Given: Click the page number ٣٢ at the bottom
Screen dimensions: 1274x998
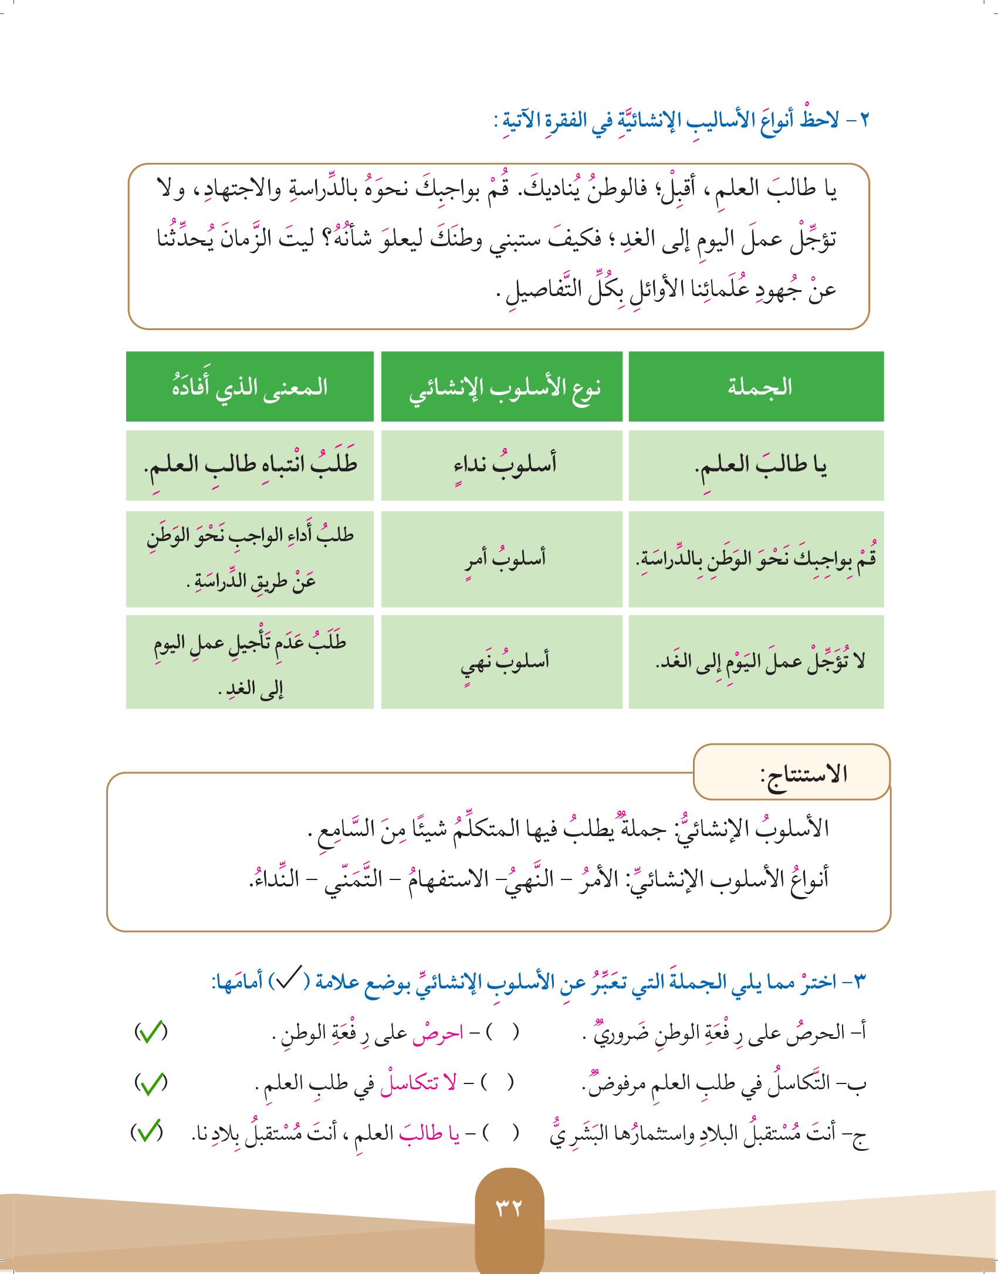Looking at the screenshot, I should point(509,1208).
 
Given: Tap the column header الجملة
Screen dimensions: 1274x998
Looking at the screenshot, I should point(760,387).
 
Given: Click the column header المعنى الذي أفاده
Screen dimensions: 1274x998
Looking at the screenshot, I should point(250,387).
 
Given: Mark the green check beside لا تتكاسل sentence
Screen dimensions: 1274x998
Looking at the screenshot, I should point(151,1083).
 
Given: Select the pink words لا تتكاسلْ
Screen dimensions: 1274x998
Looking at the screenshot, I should point(418,1083).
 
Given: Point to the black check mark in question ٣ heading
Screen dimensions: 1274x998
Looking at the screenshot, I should point(289,977).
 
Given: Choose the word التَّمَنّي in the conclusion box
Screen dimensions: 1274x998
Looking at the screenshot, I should point(353,879).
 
